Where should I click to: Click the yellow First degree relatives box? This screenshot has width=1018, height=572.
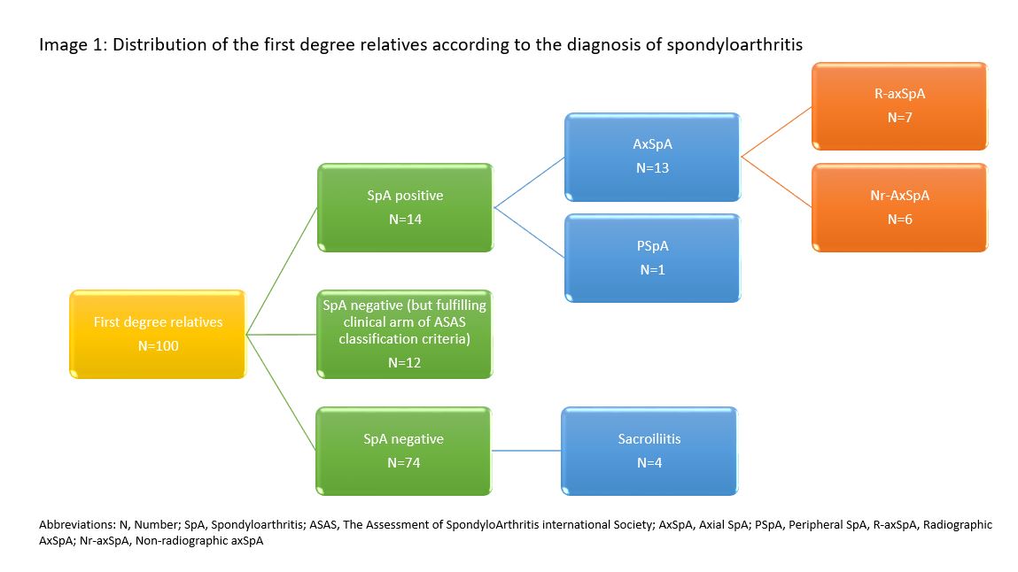pos(158,334)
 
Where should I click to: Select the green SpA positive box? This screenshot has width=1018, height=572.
pos(404,207)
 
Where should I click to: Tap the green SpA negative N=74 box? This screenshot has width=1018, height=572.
pos(404,450)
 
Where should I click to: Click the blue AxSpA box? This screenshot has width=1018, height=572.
pos(651,157)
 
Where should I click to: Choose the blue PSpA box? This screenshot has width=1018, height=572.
pos(651,258)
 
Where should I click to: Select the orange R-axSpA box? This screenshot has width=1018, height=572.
pos(899,105)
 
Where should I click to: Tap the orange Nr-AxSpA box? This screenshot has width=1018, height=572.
pos(899,207)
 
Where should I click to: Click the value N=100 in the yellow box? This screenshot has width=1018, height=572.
pos(158,345)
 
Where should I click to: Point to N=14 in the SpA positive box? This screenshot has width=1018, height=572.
pos(404,220)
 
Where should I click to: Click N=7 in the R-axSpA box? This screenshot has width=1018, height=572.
pos(899,117)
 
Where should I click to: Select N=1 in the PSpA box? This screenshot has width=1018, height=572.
pos(651,270)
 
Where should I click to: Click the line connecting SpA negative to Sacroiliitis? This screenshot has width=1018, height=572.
pos(526,451)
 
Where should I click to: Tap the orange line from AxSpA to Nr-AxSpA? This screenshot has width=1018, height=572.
pos(776,182)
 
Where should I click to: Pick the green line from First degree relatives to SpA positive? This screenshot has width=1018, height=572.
pos(282,272)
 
